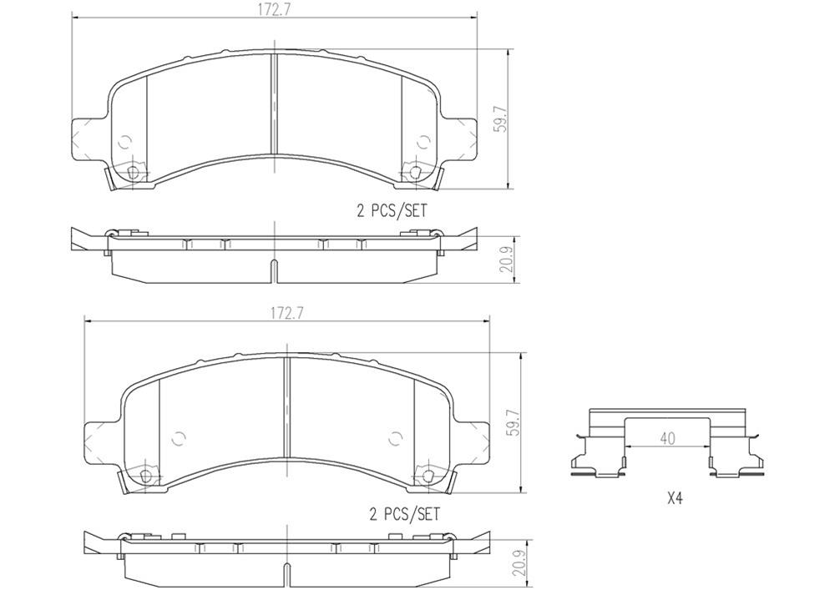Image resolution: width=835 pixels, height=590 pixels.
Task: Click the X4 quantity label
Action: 675,499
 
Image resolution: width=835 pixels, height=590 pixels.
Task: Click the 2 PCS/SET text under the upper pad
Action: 392,212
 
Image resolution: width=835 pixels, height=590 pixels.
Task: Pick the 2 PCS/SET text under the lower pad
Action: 404,515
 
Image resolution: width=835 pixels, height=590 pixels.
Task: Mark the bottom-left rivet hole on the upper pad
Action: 132,173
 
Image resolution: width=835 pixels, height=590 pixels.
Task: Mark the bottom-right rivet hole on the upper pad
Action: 415,173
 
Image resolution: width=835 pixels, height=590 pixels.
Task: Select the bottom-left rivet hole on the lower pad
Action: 145,477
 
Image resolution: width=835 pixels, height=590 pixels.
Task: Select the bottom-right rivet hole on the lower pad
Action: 428,477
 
